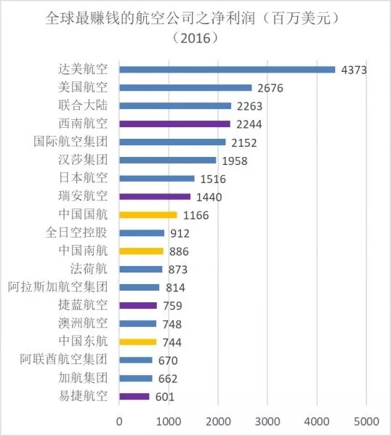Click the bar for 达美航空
227,70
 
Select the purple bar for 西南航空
175,124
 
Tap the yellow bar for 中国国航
148,215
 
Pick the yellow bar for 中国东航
138,342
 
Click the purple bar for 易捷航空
134,397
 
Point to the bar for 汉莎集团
168,160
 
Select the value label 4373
354,70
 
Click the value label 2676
270,88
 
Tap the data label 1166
195,215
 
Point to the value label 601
165,397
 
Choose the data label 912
180,233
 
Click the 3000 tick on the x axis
267,421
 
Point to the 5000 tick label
366,421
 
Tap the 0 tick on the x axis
119,421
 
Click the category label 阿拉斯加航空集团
57,287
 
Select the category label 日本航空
83,178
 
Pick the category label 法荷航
89,269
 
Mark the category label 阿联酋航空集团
64,360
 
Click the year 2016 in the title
195,38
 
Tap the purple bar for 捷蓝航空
138,306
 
